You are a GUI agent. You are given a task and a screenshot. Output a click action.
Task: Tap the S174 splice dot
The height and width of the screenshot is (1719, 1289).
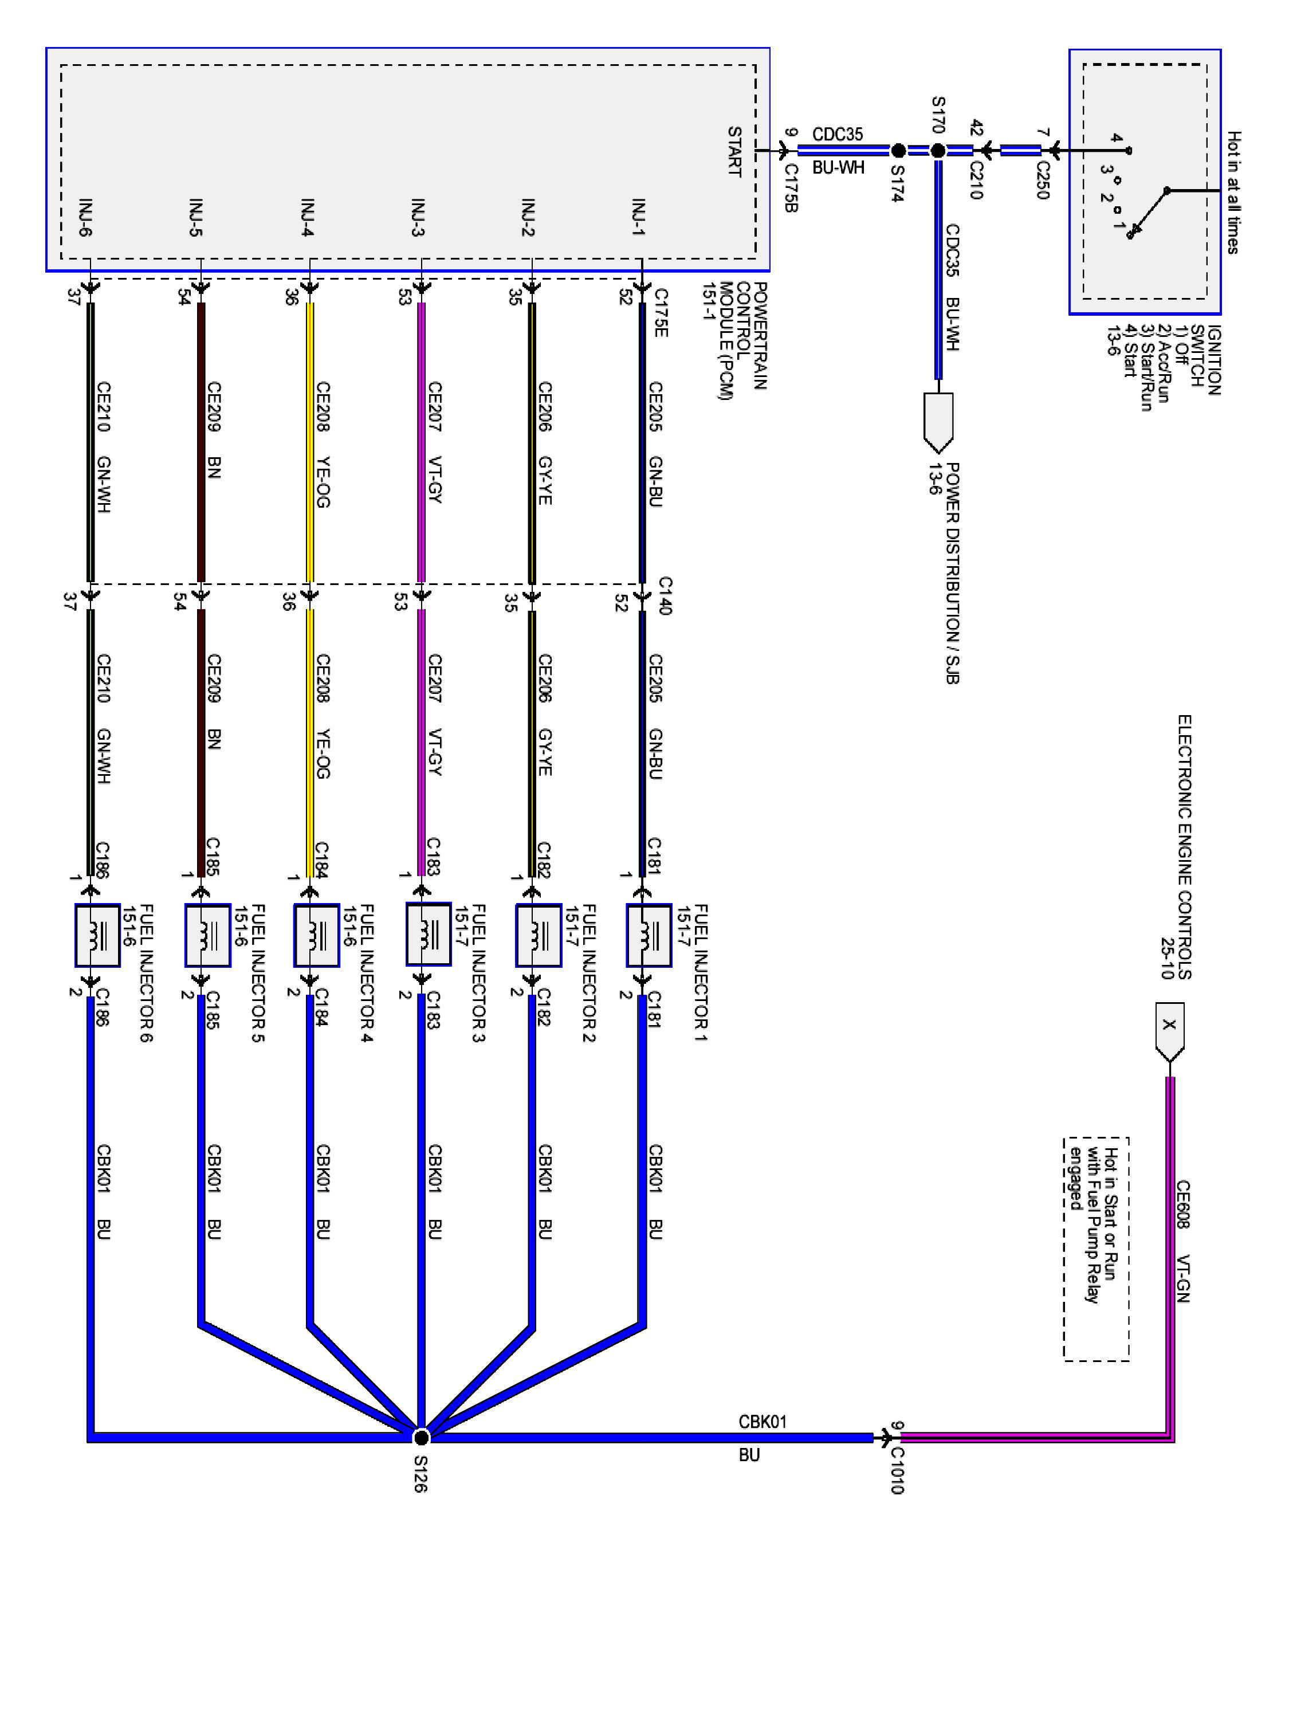coord(898,151)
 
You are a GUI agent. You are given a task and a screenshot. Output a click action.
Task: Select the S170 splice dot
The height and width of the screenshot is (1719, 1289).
coord(938,151)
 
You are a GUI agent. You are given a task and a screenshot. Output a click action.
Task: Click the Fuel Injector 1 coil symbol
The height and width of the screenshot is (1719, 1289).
coord(649,936)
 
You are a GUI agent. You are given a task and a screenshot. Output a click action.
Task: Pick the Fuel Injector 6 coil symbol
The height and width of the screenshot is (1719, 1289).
coord(97,936)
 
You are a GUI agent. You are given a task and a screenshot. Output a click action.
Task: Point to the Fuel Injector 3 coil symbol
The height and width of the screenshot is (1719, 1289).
coord(428,936)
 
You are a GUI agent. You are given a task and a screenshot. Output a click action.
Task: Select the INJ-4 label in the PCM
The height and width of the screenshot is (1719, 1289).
coord(308,218)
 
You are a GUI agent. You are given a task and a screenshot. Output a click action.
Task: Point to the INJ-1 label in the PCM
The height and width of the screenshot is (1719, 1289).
coord(639,218)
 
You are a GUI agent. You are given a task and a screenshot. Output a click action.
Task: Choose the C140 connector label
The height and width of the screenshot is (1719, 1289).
coord(665,595)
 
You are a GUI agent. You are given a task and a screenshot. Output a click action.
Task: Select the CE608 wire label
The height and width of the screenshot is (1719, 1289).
coord(1182,1204)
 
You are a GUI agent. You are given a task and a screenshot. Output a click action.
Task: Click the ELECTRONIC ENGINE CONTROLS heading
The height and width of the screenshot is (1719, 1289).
coord(1184,847)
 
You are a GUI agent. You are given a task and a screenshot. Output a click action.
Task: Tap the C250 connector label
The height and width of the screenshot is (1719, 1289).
coord(1043,179)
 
